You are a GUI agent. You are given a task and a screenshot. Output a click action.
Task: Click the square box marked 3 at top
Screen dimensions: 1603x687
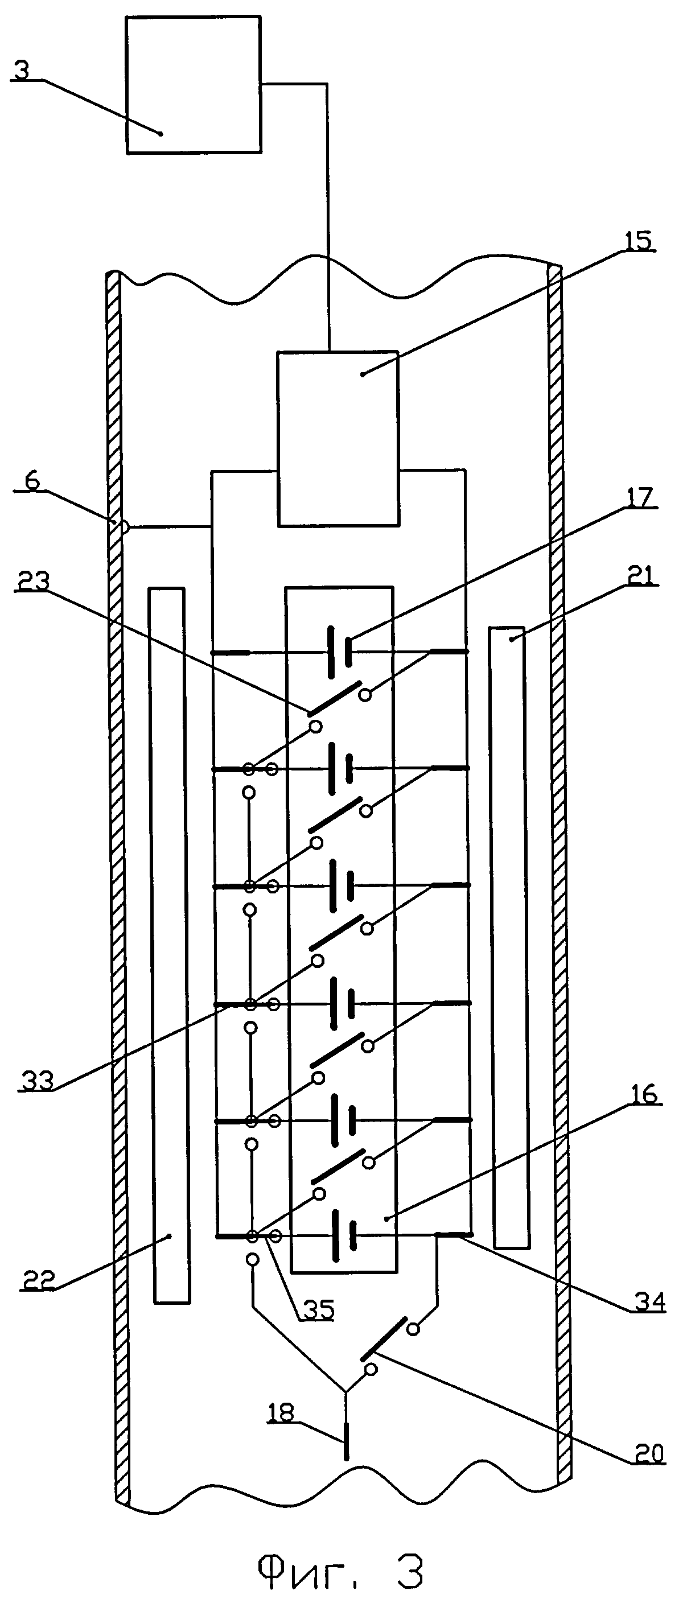tap(194, 85)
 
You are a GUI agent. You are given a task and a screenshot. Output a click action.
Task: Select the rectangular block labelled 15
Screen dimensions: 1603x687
tap(338, 439)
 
